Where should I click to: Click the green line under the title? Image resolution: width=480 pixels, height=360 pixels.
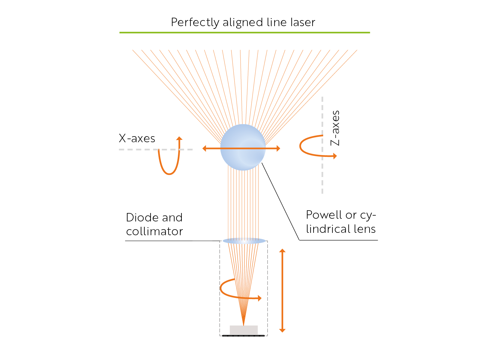point(244,33)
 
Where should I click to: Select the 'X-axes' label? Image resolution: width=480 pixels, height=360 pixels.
point(137,138)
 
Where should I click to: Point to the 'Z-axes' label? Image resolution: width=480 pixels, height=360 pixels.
point(335,128)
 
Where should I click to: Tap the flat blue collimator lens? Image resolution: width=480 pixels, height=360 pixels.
point(244,241)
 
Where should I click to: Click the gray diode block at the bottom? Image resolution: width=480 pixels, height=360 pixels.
point(244,330)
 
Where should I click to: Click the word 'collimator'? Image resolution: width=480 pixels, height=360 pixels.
point(154,231)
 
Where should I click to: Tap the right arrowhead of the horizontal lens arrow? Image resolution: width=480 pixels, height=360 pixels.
point(278,148)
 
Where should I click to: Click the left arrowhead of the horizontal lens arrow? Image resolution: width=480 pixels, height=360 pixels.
point(205,148)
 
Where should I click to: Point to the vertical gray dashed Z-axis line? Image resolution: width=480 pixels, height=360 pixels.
point(322,180)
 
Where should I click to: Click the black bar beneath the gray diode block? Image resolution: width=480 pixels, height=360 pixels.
point(244,336)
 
